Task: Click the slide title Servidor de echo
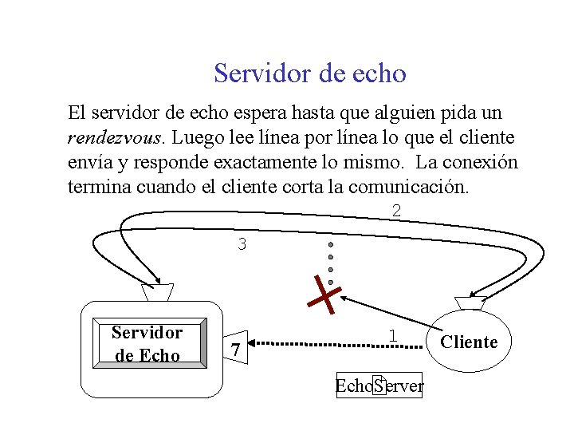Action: (x=309, y=73)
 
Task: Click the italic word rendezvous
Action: (x=115, y=138)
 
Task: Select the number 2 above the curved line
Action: (x=396, y=211)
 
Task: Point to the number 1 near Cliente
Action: (x=392, y=336)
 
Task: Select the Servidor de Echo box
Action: (x=147, y=344)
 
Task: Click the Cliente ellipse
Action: (x=469, y=342)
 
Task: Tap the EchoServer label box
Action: (x=379, y=386)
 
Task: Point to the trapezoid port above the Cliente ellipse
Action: (x=470, y=302)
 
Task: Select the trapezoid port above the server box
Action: (x=156, y=292)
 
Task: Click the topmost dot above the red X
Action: (x=331, y=244)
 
